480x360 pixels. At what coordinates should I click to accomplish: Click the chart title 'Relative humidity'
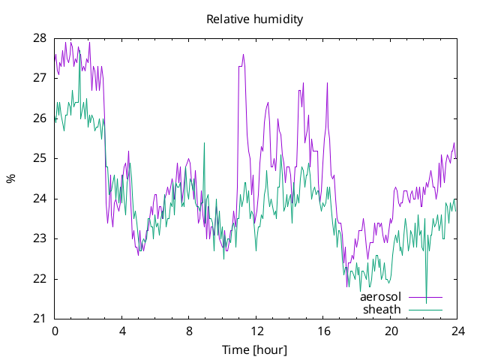(255, 19)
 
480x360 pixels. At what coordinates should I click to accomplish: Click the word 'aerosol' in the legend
(380, 297)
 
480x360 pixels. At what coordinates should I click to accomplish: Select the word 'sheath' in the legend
(382, 310)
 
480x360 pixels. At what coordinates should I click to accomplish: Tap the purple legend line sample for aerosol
(426, 297)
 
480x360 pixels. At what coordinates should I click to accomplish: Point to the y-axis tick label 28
(40, 38)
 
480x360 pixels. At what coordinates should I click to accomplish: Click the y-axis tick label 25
(40, 158)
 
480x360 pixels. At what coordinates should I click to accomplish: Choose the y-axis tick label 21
(40, 319)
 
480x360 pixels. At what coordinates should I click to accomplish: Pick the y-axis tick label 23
(40, 238)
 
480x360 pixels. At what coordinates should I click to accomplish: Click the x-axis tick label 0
(55, 331)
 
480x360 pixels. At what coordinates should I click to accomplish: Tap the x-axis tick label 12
(256, 331)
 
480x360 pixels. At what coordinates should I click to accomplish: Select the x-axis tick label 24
(457, 331)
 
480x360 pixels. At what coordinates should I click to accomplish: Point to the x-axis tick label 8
(189, 331)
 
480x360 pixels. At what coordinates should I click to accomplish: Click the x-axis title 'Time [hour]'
(255, 350)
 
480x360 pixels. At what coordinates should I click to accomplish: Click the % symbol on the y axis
(11, 178)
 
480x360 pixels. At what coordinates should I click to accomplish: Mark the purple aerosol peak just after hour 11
(243, 55)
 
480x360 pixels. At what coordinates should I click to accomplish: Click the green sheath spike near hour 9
(204, 142)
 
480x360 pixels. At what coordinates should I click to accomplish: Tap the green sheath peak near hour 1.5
(79, 51)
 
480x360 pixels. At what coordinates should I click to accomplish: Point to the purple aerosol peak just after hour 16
(327, 83)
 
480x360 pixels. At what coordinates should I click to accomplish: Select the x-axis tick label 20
(391, 331)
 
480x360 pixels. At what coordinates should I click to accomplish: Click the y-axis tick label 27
(40, 78)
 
